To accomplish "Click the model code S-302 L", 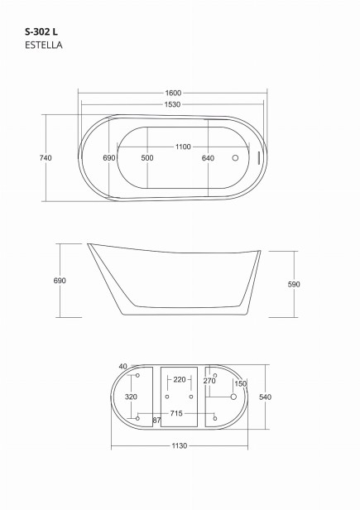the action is [41, 31].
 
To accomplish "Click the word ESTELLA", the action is [44, 45].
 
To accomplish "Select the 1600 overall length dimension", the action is [173, 93].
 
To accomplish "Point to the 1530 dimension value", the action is [172, 104].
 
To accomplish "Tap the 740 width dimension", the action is [46, 158].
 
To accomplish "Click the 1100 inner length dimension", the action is [183, 147].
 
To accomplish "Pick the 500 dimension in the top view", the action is [147, 158].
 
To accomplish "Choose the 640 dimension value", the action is [208, 158].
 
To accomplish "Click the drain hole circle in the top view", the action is [235, 158].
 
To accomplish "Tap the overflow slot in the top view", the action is [259, 158].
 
